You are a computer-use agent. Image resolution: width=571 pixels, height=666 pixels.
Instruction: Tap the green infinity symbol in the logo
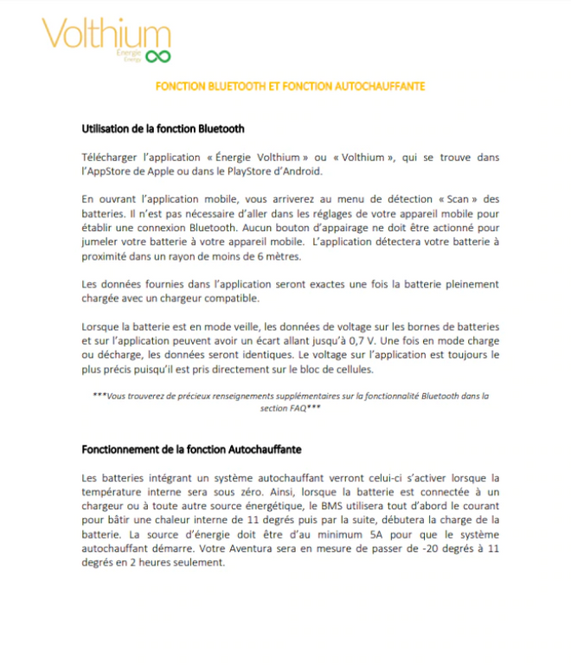(x=157, y=56)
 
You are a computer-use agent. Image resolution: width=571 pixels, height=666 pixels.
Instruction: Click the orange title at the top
(x=290, y=87)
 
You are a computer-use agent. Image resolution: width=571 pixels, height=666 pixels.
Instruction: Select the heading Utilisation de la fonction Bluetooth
(x=163, y=129)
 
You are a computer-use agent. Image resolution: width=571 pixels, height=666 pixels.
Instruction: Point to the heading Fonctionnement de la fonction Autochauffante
(x=191, y=450)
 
